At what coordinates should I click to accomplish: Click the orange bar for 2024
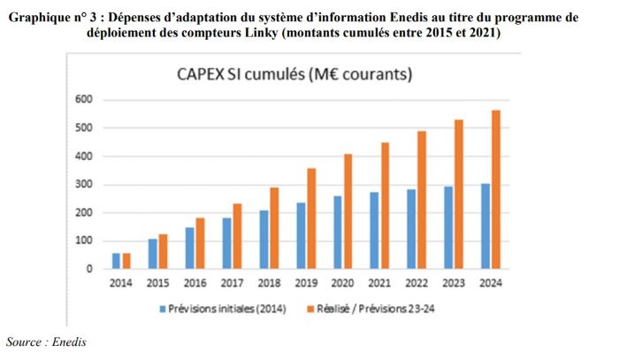pyautogui.click(x=496, y=189)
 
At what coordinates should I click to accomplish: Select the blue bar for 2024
pyautogui.click(x=485, y=226)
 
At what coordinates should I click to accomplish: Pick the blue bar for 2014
pyautogui.click(x=117, y=260)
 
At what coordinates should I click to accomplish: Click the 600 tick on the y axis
pyautogui.click(x=85, y=100)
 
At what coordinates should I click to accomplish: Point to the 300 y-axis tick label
pyautogui.click(x=85, y=184)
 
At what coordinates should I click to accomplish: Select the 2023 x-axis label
pyautogui.click(x=454, y=283)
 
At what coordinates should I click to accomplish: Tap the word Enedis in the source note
pyautogui.click(x=72, y=341)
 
